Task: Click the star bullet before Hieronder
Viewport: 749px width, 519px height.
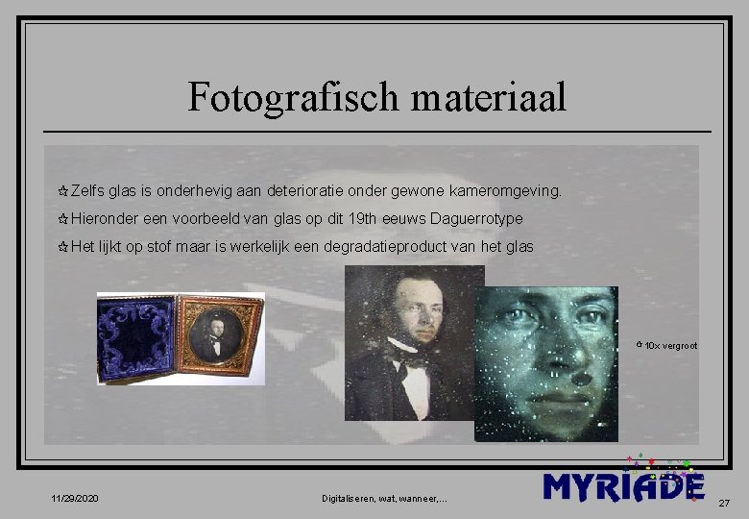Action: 63,220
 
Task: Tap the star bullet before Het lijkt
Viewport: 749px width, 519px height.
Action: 63,248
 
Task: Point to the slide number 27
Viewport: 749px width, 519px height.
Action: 724,503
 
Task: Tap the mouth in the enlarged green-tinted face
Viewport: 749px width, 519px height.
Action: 567,396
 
